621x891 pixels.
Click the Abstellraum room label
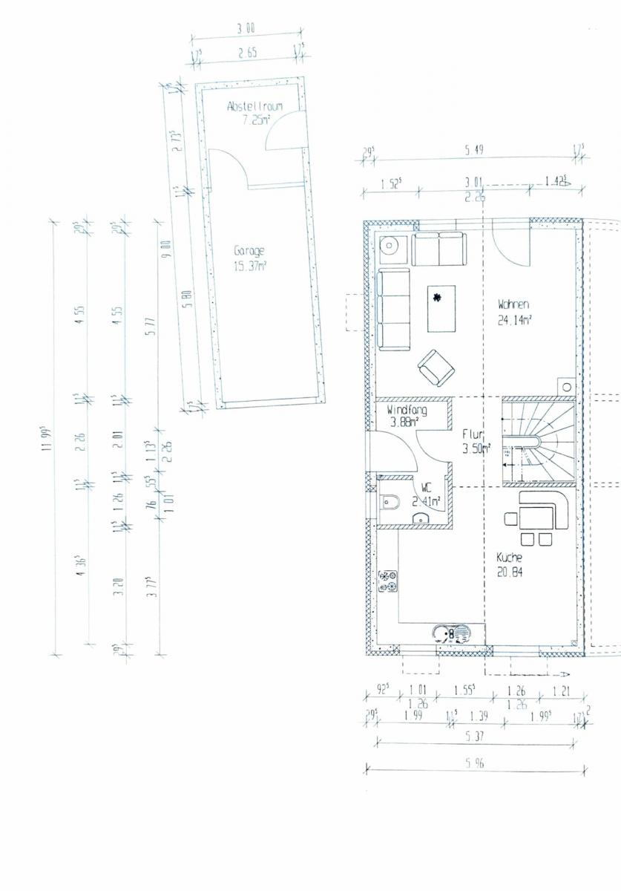[254, 107]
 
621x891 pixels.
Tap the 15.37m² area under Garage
[250, 265]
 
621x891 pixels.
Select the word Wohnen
[513, 304]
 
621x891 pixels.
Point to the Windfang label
[407, 410]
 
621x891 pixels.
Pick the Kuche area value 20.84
[510, 572]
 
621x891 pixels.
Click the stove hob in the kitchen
[387, 581]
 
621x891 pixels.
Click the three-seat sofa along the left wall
[393, 310]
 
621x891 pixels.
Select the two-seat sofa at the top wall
[438, 249]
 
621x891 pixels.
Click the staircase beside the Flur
[539, 441]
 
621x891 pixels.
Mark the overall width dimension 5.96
[475, 763]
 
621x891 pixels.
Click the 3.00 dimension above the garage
[246, 29]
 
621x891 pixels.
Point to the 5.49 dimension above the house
[474, 151]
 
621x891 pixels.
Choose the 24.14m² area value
[517, 322]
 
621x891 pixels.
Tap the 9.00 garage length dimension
[167, 247]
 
